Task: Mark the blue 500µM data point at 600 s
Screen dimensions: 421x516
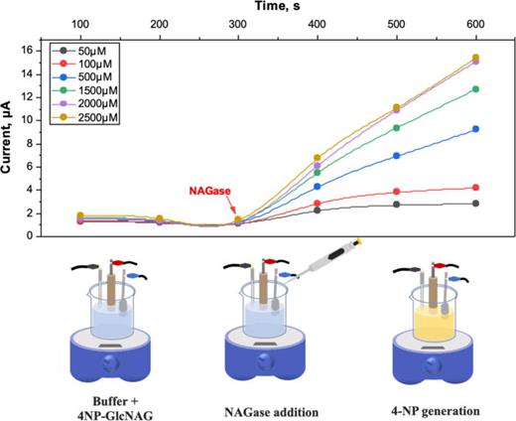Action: [x=475, y=129]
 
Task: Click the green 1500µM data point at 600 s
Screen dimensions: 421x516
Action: [x=475, y=89]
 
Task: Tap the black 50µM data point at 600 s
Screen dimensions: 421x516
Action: [x=475, y=204]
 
